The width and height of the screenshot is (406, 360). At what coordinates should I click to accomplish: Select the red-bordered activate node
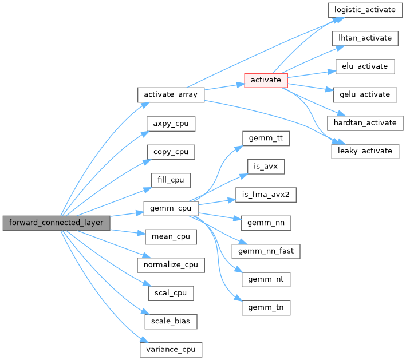click(x=266, y=80)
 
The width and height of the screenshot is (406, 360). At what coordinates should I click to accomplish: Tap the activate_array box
click(x=171, y=94)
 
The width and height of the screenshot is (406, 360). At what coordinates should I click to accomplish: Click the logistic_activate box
click(x=365, y=10)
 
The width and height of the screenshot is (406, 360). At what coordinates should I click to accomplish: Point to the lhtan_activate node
click(x=365, y=38)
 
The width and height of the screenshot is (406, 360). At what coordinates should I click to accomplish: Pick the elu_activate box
click(x=365, y=66)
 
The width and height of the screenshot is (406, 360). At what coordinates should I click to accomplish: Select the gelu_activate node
click(x=365, y=94)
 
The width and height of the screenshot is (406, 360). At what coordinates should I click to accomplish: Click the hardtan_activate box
click(x=365, y=122)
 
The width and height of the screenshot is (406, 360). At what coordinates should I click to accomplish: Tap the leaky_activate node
click(x=365, y=151)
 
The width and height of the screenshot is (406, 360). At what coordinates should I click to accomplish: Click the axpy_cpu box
click(x=171, y=123)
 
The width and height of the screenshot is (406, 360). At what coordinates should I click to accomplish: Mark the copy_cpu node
click(x=171, y=152)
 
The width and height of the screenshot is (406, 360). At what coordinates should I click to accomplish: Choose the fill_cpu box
click(x=171, y=180)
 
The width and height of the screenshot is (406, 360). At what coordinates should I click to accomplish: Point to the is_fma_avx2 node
click(x=266, y=195)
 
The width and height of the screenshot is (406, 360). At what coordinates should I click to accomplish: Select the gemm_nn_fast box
click(x=266, y=251)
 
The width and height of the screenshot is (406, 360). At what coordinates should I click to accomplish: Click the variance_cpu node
click(x=171, y=349)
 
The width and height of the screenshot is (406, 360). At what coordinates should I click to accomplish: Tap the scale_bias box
click(x=171, y=321)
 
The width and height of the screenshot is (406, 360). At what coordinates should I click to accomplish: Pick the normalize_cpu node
click(x=171, y=264)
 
